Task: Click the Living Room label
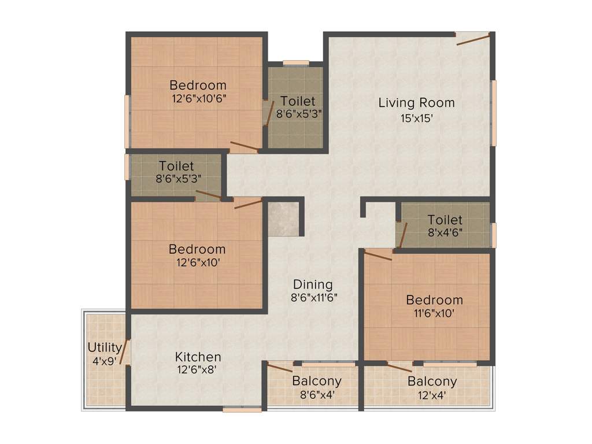click(x=416, y=103)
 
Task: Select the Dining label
click(x=313, y=284)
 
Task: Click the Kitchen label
click(x=198, y=357)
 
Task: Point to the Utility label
click(x=105, y=347)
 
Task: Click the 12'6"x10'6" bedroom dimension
click(x=198, y=99)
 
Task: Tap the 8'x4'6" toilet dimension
click(x=445, y=234)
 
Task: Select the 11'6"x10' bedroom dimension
click(x=434, y=314)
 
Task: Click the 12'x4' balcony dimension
click(x=432, y=396)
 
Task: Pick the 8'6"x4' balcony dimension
click(x=316, y=396)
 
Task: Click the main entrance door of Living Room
click(x=473, y=39)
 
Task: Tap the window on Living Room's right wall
click(x=494, y=113)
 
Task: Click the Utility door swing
click(x=124, y=351)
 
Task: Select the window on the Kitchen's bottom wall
click(x=234, y=409)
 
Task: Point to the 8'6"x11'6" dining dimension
click(x=314, y=298)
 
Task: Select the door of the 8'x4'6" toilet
click(x=402, y=235)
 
